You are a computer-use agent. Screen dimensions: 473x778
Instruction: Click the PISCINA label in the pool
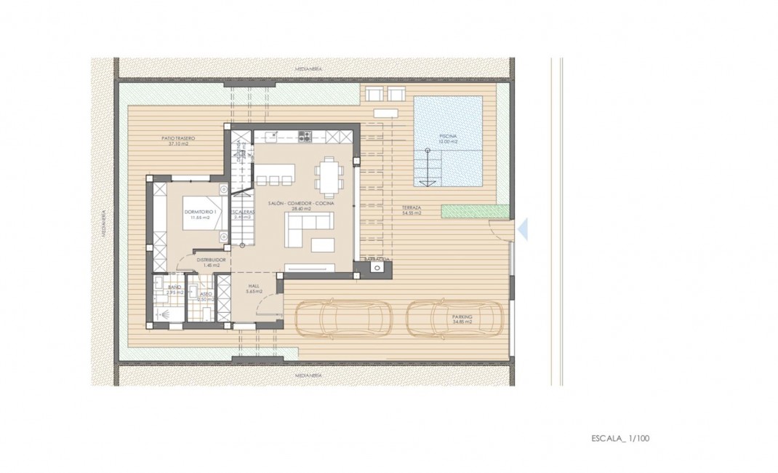[x=448, y=136]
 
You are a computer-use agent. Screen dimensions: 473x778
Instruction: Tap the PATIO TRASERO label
[x=178, y=138]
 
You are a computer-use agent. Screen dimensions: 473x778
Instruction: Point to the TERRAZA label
[x=412, y=208]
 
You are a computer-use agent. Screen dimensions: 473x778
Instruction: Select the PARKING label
[x=462, y=317]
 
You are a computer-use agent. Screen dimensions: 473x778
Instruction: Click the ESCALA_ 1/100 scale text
[x=619, y=439]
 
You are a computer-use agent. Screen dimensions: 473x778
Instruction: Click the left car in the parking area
[x=343, y=318]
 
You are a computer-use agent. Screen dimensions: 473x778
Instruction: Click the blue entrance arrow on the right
[x=522, y=230]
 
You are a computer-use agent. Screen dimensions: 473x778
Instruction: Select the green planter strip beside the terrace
[x=465, y=210]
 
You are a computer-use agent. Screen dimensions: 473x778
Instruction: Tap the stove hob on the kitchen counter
[x=305, y=136]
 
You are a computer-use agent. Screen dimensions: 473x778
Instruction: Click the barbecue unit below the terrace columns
[x=377, y=267]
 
